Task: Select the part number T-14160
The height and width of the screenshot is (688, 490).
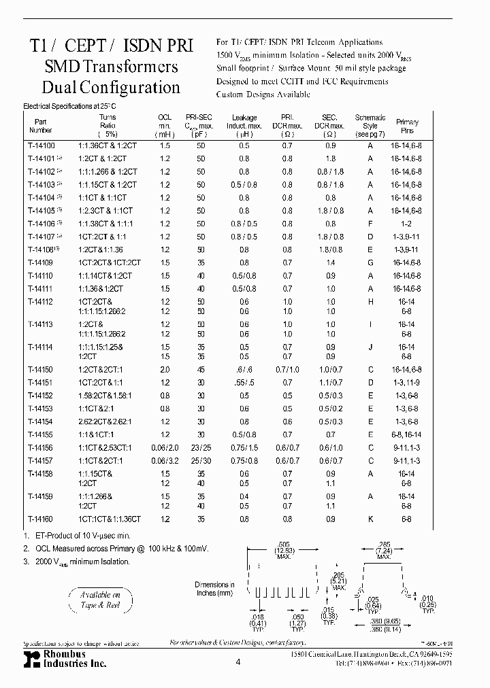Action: tap(37, 519)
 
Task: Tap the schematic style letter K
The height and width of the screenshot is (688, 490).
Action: tap(370, 519)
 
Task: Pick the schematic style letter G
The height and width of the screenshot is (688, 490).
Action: tap(370, 262)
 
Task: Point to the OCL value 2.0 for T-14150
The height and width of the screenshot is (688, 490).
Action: tap(164, 369)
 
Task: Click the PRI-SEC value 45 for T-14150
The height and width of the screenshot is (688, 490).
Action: tap(200, 369)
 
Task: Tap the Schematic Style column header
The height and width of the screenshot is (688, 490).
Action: tap(370, 125)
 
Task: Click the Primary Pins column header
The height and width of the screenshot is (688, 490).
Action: tap(408, 125)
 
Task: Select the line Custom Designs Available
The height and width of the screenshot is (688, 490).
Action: tap(254, 94)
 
